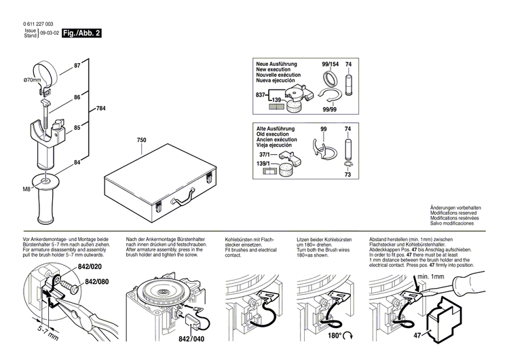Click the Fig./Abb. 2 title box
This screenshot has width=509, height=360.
click(81, 32)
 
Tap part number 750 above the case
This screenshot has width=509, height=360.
click(141, 141)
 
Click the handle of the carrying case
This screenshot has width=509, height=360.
click(183, 198)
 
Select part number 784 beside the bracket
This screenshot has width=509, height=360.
click(100, 109)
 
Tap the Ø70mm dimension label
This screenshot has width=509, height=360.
click(33, 80)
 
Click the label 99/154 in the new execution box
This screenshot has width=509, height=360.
click(330, 64)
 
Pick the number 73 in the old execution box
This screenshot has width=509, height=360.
click(348, 175)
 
